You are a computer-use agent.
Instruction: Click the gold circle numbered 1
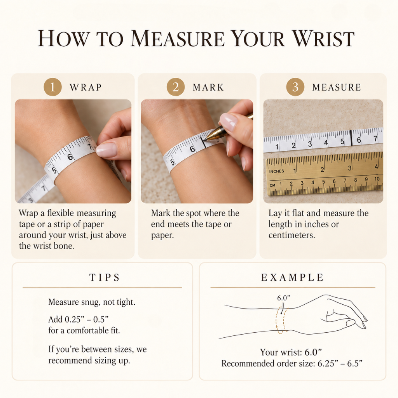click(52, 87)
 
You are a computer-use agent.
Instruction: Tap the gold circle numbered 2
click(176, 87)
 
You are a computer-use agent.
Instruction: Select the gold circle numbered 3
click(295, 87)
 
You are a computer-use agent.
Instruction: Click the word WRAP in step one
click(86, 87)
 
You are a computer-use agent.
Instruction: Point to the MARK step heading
click(208, 87)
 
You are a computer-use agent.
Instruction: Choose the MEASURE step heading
click(337, 87)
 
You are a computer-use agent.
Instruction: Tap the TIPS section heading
click(105, 278)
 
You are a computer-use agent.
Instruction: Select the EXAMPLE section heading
click(292, 278)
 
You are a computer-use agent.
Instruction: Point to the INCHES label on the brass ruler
click(277, 171)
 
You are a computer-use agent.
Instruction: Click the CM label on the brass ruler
click(272, 185)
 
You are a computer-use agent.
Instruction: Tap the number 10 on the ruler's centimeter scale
click(377, 179)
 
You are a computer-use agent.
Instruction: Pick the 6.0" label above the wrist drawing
click(283, 298)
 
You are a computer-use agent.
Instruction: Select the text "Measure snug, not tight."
click(92, 302)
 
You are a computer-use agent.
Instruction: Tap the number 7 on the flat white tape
click(375, 139)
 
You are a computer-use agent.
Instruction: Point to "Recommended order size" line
click(292, 363)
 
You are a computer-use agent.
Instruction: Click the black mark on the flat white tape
click(351, 138)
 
